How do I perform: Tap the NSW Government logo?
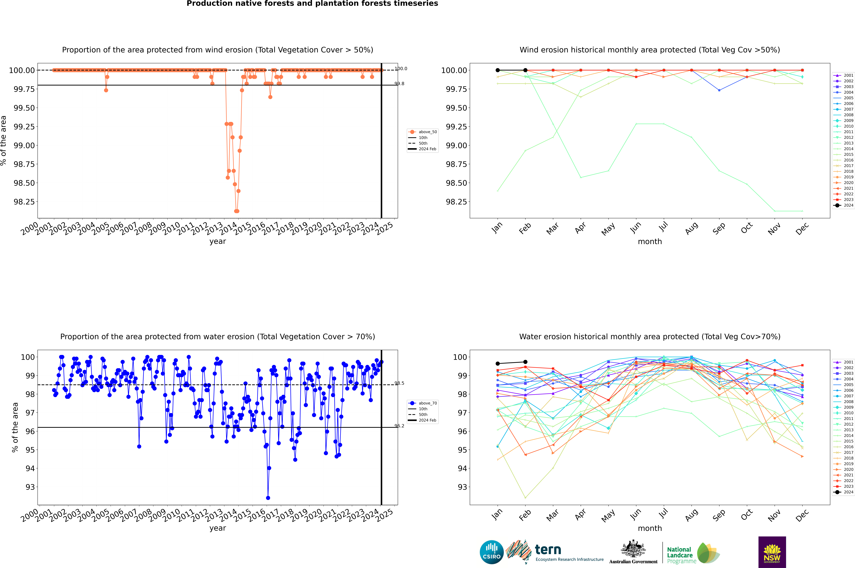click(x=772, y=552)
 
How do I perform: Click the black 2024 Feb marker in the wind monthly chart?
click(x=525, y=70)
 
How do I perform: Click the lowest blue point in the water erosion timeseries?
click(x=268, y=498)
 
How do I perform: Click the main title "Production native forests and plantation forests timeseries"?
click(x=312, y=4)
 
